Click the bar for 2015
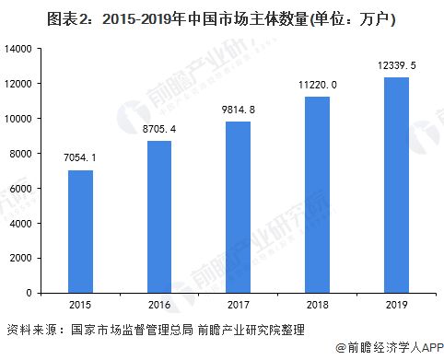[x=80, y=231]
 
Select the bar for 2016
[x=159, y=216]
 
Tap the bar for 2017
[x=239, y=207]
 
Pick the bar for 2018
[x=318, y=194]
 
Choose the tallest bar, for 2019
[x=396, y=185]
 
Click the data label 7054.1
[x=80, y=159]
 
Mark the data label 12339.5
[x=396, y=66]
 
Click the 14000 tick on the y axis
[x=22, y=49]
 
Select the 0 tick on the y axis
[x=34, y=293]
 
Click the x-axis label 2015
[x=80, y=305]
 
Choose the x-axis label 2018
[x=318, y=305]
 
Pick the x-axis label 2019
[x=396, y=305]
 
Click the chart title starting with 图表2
[x=222, y=16]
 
